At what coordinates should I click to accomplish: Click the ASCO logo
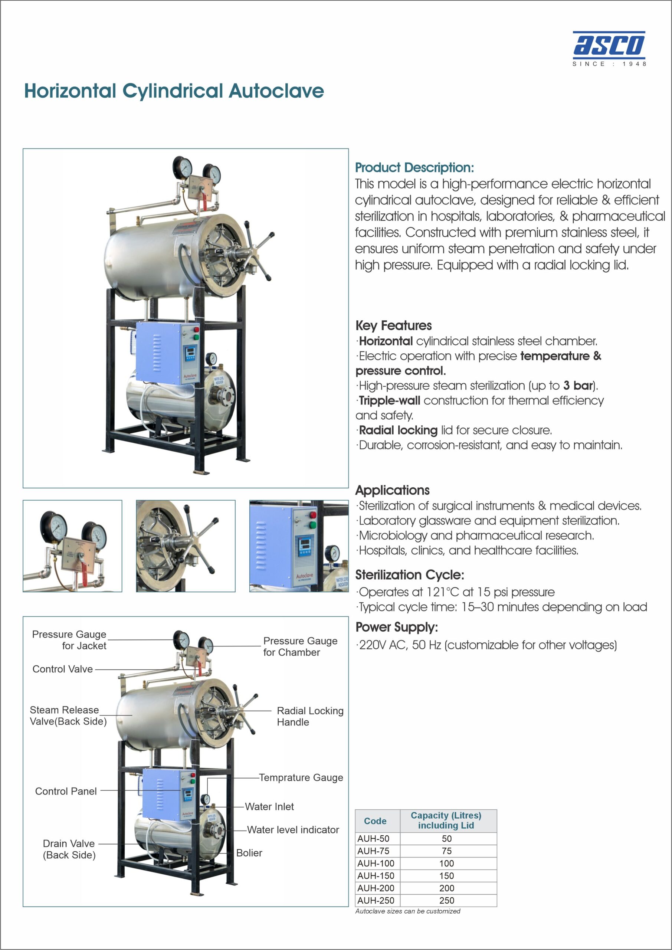pyautogui.click(x=609, y=48)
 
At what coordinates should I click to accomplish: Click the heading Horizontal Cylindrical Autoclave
pyautogui.click(x=174, y=91)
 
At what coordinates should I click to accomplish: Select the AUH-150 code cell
pyautogui.click(x=376, y=875)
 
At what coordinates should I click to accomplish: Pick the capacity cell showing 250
pyautogui.click(x=446, y=900)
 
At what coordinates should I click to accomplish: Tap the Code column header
pyautogui.click(x=375, y=821)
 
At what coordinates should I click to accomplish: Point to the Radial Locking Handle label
pyautogui.click(x=310, y=716)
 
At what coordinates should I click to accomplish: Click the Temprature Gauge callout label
pyautogui.click(x=301, y=777)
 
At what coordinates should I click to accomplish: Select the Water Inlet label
pyautogui.click(x=269, y=806)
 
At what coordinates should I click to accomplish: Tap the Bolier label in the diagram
pyautogui.click(x=249, y=853)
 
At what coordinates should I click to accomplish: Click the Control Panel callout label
pyautogui.click(x=66, y=791)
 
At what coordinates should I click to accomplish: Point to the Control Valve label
pyautogui.click(x=62, y=669)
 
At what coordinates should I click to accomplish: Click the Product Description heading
pyautogui.click(x=414, y=168)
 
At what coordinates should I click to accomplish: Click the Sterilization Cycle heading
pyautogui.click(x=410, y=575)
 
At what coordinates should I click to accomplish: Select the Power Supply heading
pyautogui.click(x=396, y=627)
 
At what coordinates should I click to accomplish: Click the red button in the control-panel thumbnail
pyautogui.click(x=313, y=515)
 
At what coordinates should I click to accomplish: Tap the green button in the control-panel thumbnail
pyautogui.click(x=313, y=525)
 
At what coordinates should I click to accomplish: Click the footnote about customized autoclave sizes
pyautogui.click(x=407, y=911)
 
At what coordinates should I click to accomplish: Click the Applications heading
pyautogui.click(x=392, y=490)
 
